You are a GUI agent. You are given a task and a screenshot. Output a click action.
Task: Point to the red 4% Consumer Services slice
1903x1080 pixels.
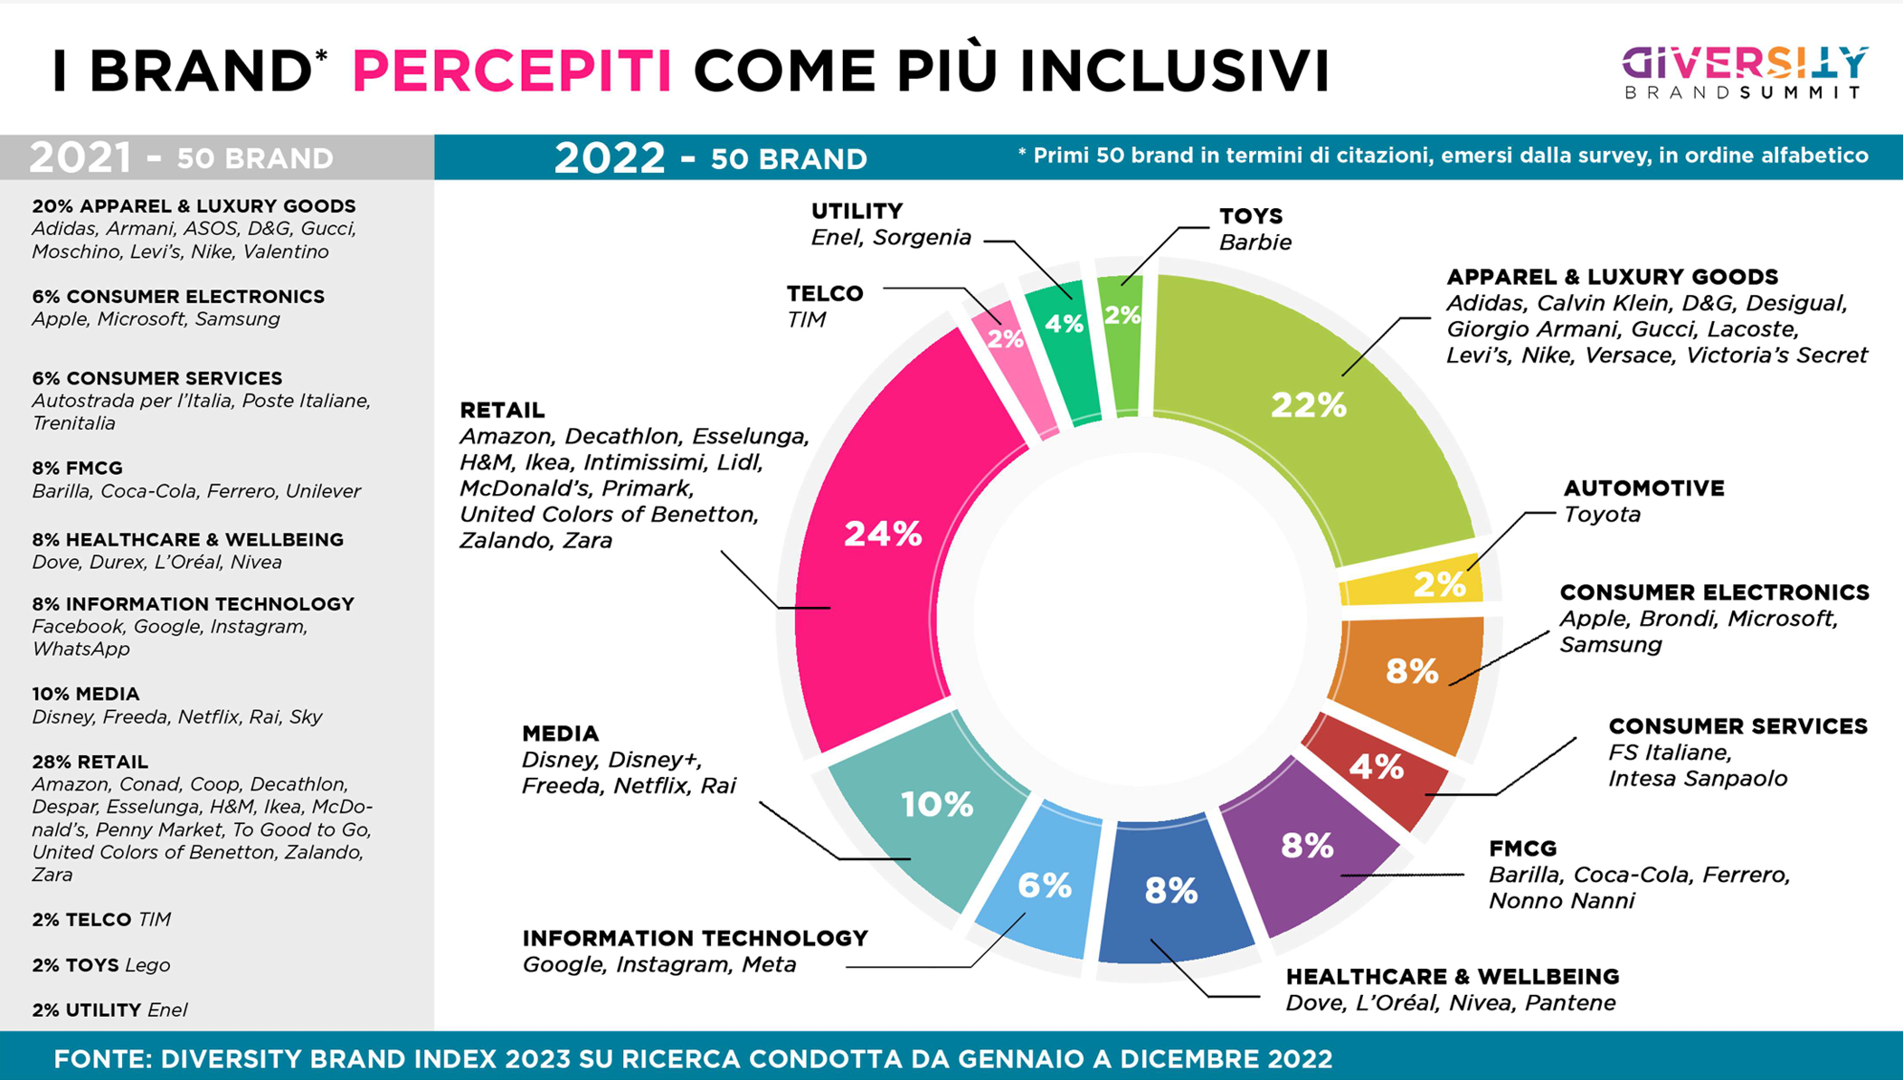[x=1375, y=769]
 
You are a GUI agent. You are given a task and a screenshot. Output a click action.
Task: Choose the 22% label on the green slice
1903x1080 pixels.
[x=1309, y=405]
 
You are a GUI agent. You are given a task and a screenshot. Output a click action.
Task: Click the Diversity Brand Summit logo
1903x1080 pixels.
[x=1744, y=72]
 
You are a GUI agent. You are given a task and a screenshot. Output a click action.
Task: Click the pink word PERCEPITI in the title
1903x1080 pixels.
[x=511, y=71]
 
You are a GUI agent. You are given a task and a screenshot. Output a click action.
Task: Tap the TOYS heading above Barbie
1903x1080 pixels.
[x=1250, y=215]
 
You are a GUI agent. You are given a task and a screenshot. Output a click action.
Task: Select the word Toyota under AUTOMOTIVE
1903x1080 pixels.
[x=1601, y=515]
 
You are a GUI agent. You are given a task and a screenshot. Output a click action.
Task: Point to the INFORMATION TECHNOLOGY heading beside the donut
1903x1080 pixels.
[x=695, y=938]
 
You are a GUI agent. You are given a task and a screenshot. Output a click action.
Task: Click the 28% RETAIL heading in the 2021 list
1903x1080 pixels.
[x=90, y=762]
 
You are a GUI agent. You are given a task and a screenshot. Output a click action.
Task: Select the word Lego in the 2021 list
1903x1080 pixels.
[x=147, y=965]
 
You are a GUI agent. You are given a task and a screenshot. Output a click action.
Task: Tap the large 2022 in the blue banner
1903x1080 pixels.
[x=609, y=157]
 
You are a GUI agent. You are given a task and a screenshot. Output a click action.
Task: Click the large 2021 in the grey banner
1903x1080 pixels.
[x=80, y=157]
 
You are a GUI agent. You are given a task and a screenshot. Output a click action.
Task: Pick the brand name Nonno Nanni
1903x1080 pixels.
[x=1561, y=901]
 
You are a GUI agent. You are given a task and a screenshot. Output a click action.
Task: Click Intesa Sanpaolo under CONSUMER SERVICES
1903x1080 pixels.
[x=1697, y=779]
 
